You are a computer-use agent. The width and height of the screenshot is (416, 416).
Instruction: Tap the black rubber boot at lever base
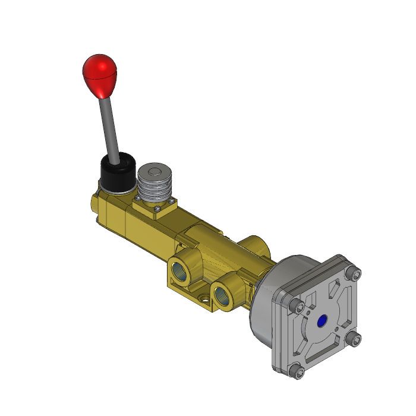[x=118, y=174]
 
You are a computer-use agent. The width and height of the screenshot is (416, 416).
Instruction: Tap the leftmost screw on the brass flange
[x=137, y=197]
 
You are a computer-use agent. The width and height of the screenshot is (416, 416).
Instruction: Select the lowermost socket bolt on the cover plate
[x=299, y=372]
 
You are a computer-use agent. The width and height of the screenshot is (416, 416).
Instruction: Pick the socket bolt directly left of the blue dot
[x=299, y=307]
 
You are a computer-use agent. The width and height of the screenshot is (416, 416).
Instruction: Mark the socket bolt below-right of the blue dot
[x=355, y=339]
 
